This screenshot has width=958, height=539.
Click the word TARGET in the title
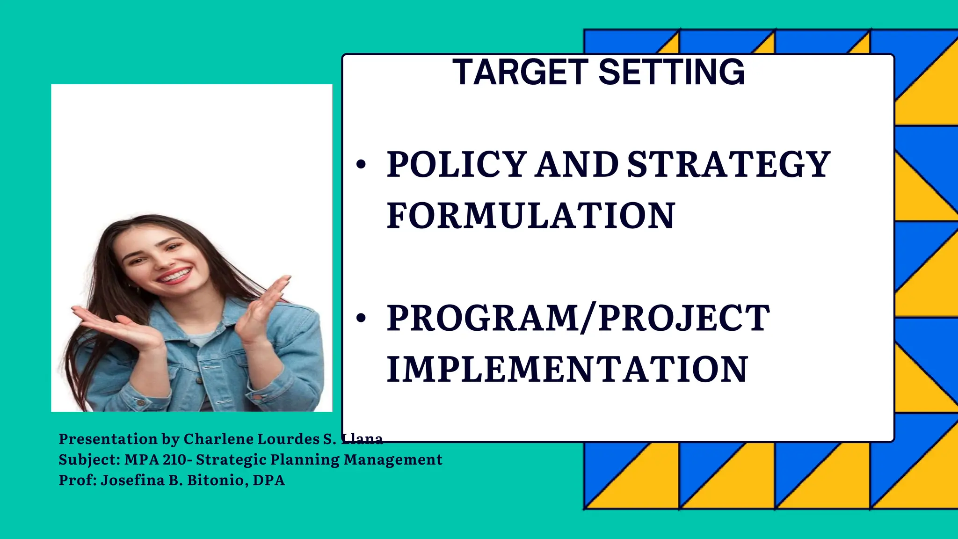[x=521, y=73]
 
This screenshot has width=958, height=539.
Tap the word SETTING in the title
[x=671, y=73]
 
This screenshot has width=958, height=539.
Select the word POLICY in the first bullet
[x=457, y=165]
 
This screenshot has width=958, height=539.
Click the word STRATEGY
[x=728, y=165]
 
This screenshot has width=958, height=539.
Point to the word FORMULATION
[x=531, y=216]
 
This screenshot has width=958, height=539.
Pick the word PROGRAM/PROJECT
[x=578, y=318]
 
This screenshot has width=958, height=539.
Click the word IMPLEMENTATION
[x=567, y=370]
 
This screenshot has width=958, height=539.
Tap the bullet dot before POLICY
[x=361, y=165]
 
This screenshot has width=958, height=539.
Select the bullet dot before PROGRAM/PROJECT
[x=361, y=318]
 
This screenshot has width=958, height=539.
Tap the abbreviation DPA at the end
[x=269, y=480]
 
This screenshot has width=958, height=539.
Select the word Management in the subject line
[x=393, y=459]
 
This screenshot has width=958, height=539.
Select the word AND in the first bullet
[x=576, y=165]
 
